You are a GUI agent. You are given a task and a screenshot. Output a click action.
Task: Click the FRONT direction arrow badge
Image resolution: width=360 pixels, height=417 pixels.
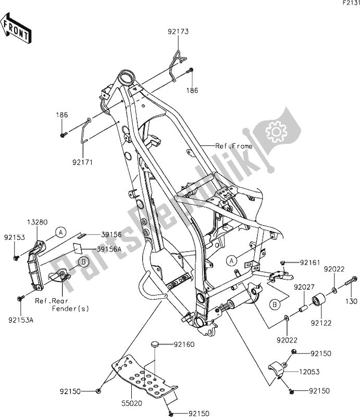coord(16,29)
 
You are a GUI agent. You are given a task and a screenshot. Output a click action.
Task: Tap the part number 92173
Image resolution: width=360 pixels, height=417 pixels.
coord(178,32)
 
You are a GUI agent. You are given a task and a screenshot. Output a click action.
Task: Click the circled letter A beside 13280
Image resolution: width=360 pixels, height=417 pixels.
coord(61,231)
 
